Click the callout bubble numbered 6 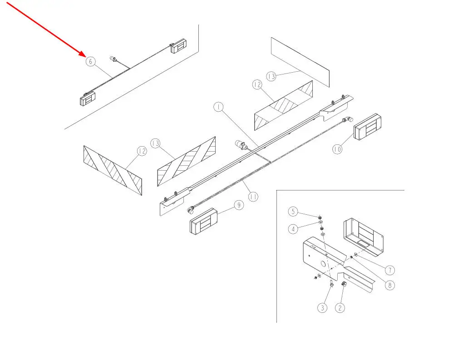tap(90, 62)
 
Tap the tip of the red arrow tap(86, 56)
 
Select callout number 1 tap(218, 107)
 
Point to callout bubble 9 tap(239, 205)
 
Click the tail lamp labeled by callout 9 tap(203, 221)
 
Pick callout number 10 tap(337, 149)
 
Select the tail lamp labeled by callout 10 tap(367, 127)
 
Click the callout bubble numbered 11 tap(253, 197)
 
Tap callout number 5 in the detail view tap(293, 212)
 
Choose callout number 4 tap(293, 229)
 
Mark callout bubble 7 tap(390, 270)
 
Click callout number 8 tap(390, 285)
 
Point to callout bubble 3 tap(322, 307)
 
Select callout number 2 tap(340, 307)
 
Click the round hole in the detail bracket tap(323, 264)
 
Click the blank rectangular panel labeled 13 tap(300, 62)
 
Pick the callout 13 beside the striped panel tap(155, 143)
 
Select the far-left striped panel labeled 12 tap(113, 170)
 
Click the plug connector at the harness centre tap(240, 145)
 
